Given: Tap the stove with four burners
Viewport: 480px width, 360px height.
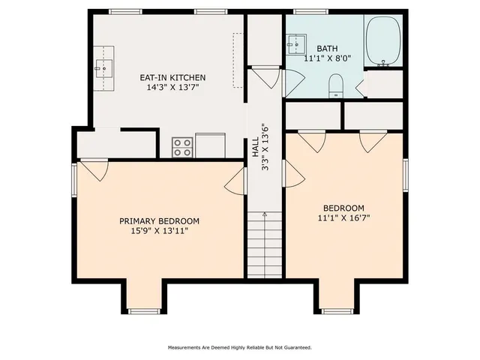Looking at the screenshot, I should coord(181,146).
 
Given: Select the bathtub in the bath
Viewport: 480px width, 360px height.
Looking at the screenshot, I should coord(385,42).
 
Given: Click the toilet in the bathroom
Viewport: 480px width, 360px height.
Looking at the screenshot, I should coord(336,85).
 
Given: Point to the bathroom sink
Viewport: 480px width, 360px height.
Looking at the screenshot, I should coord(294,47).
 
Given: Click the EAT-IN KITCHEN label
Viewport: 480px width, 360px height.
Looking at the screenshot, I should coord(172,77).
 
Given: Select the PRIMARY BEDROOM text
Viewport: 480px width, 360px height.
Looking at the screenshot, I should coord(160,220).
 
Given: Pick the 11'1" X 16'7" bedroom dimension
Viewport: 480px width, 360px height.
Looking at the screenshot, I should coord(343,218).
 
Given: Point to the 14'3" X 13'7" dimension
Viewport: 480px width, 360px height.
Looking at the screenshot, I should coord(172,88).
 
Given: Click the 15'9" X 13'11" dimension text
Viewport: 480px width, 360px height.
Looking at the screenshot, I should coord(160,231).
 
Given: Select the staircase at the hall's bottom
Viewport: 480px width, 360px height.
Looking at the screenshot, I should coord(265,244).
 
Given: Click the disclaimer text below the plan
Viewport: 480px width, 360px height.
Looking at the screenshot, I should coord(239,347).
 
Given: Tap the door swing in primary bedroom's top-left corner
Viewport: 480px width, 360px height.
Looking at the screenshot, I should coord(94,170).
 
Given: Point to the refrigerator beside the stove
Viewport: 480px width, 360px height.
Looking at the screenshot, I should coord(210,145).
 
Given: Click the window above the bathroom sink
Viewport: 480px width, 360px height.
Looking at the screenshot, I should coord(305,11).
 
